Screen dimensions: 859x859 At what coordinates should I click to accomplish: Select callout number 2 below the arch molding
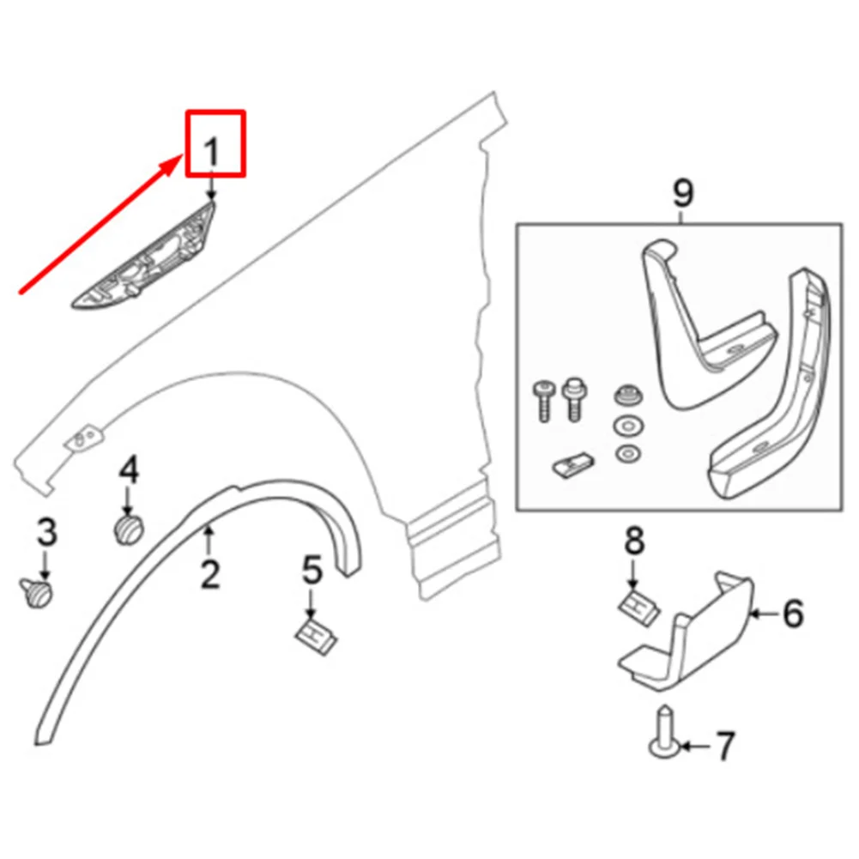(x=210, y=573)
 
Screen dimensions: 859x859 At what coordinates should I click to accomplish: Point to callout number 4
(x=128, y=469)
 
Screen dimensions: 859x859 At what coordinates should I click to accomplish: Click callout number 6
(x=791, y=613)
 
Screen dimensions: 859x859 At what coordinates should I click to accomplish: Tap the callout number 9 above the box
(x=682, y=193)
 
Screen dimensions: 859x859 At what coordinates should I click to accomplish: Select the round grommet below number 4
(x=128, y=528)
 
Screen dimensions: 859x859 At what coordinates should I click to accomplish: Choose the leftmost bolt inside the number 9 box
(x=542, y=399)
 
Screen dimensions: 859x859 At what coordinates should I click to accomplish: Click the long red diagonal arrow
(x=103, y=227)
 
